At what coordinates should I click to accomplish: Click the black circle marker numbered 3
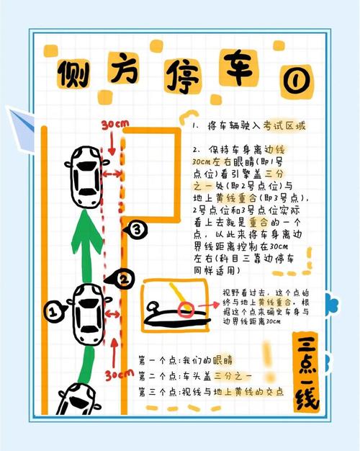135,231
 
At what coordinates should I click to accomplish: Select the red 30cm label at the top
114,125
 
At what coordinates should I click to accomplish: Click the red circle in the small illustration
186,310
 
